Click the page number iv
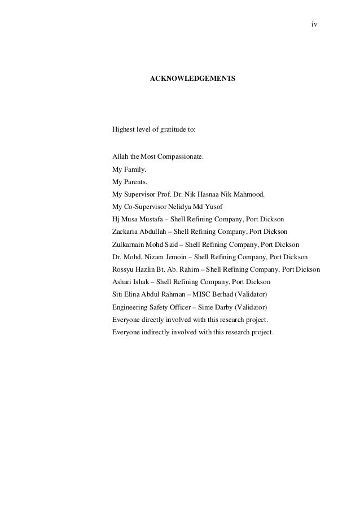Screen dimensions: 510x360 (314, 25)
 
